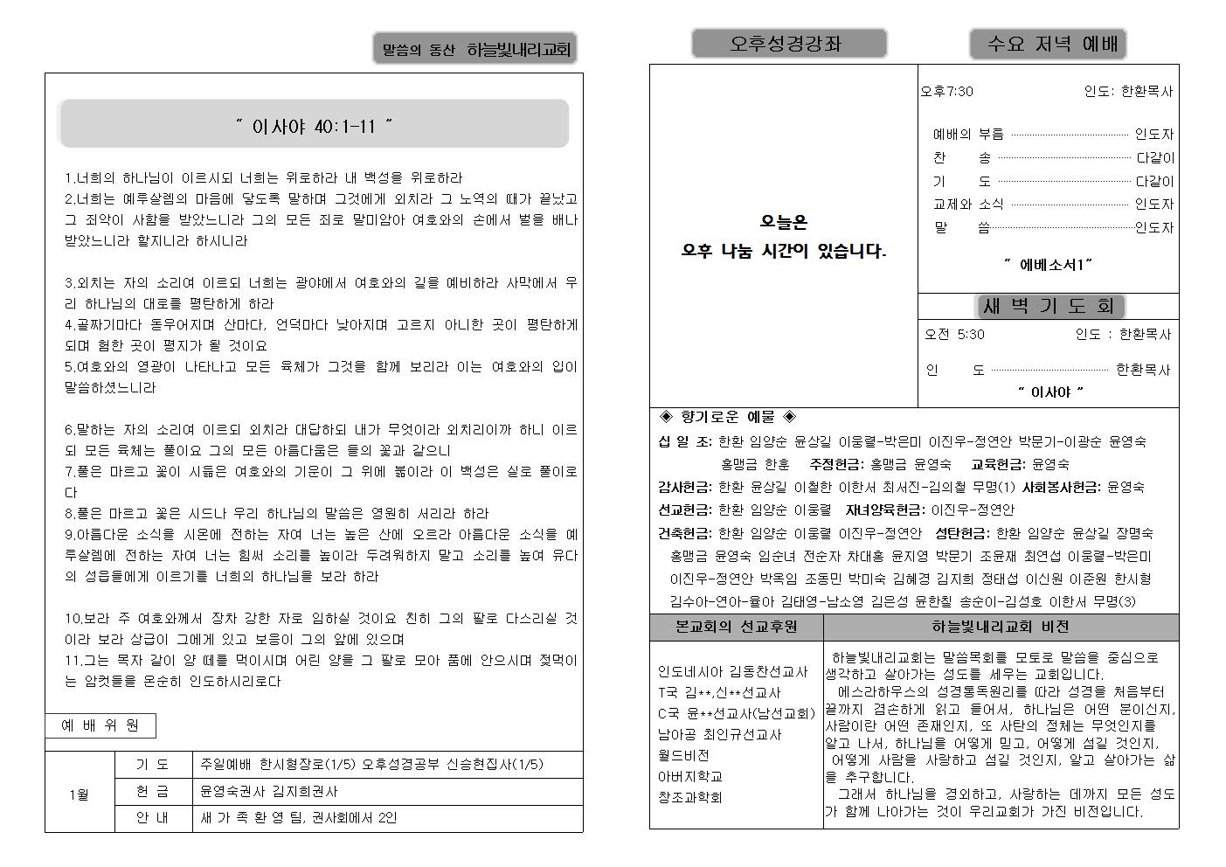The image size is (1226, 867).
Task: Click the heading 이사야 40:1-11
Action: pos(314,127)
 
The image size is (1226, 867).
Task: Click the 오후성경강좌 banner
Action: pos(788,44)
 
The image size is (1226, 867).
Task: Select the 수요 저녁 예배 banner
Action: pos(1047,44)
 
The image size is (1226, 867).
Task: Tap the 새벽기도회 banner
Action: pos(1049,307)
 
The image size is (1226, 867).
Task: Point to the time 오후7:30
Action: pos(947,91)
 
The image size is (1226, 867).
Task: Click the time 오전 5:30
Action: pos(955,334)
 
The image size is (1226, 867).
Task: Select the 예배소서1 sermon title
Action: pos(1049,264)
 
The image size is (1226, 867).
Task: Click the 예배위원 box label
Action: pos(100,725)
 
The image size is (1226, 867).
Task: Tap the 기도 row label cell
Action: pos(152,765)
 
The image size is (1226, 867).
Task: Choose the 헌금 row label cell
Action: pos(152,792)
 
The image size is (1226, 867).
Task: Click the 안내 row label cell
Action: pos(152,819)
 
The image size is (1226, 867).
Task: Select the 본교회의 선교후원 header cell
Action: pos(736,627)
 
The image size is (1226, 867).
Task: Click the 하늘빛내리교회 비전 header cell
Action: pos(1000,627)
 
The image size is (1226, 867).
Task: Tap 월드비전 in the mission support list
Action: pos(683,755)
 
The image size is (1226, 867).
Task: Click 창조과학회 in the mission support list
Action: pos(689,797)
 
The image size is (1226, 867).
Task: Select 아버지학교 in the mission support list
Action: pos(689,776)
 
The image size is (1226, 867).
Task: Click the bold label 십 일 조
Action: pos(684,441)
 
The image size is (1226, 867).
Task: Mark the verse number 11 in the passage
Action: pos(72,661)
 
